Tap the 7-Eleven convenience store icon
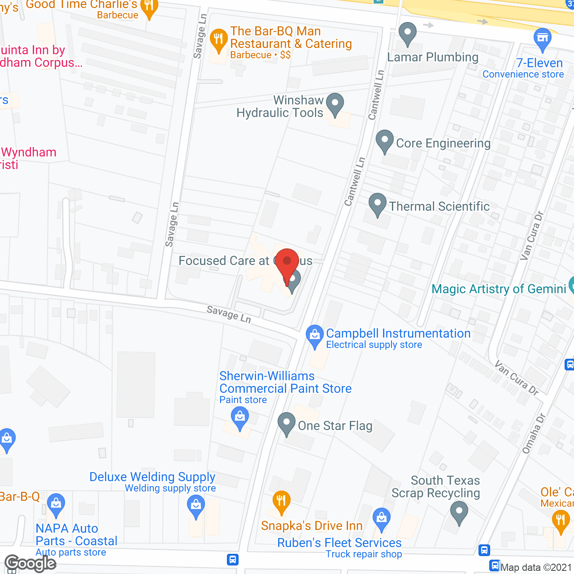542,39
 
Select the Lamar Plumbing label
433,57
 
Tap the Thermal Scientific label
439,206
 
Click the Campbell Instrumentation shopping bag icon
314,335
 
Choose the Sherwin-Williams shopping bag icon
240,418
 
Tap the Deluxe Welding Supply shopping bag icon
196,506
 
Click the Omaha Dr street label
534,433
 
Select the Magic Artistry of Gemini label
499,289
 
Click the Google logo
30,563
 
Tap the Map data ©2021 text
536,567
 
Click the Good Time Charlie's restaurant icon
149,7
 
